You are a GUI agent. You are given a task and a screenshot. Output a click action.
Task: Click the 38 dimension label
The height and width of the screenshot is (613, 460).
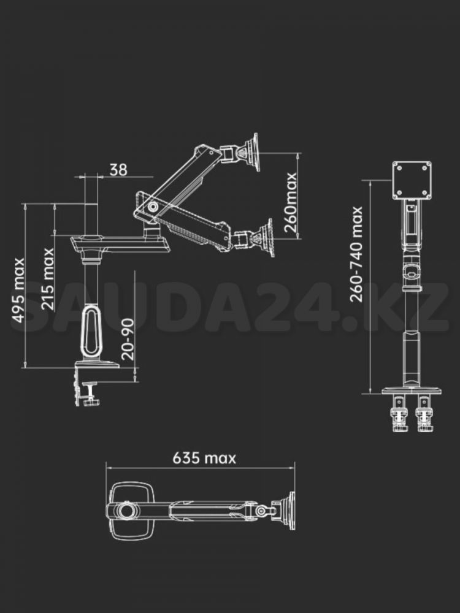pyautogui.click(x=118, y=170)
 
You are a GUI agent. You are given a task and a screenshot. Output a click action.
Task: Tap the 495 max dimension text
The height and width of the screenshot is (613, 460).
pyautogui.click(x=18, y=290)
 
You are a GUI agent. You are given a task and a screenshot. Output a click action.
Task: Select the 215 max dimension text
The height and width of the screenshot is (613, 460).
pyautogui.click(x=47, y=278)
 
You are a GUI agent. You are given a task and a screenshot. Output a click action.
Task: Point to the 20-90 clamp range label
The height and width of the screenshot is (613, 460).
pyautogui.click(x=128, y=339)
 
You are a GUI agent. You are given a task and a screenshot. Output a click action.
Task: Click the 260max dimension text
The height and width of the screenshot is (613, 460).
pyautogui.click(x=291, y=202)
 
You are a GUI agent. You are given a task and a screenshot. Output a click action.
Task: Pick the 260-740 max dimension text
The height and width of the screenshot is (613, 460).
pyautogui.click(x=356, y=254)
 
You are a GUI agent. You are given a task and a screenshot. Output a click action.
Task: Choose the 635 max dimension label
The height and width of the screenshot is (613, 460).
pyautogui.click(x=204, y=458)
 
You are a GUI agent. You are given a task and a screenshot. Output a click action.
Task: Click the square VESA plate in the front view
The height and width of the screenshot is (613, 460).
pyautogui.click(x=412, y=180)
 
